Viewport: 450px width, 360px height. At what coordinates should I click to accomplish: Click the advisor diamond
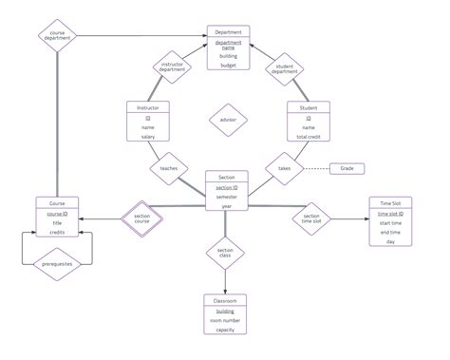(228, 120)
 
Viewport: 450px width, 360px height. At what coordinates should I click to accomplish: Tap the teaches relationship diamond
(168, 167)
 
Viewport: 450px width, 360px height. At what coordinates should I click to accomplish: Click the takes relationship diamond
(284, 168)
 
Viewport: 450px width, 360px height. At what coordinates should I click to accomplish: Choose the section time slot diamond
(311, 218)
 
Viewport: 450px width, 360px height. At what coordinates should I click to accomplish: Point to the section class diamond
(226, 253)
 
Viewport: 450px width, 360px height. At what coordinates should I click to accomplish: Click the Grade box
(347, 168)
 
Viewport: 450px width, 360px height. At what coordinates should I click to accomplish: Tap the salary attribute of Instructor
(148, 137)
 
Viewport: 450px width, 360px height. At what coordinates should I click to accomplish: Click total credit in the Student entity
(308, 137)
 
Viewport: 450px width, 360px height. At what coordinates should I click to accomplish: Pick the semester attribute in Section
(227, 198)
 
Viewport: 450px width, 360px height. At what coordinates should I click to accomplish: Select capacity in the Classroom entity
(226, 331)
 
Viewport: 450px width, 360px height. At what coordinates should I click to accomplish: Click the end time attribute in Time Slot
(390, 232)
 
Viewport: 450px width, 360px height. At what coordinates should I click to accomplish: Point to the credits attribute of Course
(57, 232)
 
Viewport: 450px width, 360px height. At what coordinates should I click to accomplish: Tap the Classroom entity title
(226, 300)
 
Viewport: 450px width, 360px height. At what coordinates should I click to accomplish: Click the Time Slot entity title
(390, 202)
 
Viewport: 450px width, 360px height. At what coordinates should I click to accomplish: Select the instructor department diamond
(172, 66)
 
